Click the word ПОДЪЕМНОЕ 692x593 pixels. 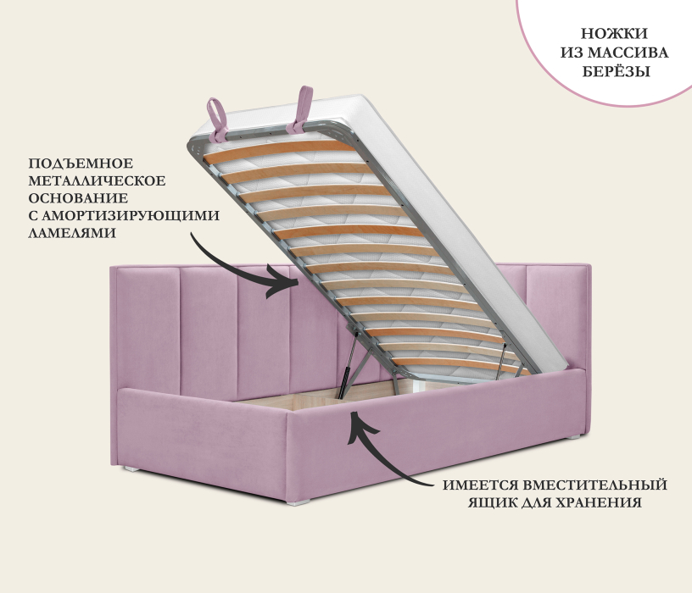tap(81, 163)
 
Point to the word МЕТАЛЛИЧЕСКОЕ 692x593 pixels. tap(97, 180)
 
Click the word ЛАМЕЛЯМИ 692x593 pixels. tap(72, 232)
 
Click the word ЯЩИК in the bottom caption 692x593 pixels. tap(491, 503)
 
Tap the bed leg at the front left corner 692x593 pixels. tap(130, 468)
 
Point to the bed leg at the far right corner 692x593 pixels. tap(577, 437)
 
